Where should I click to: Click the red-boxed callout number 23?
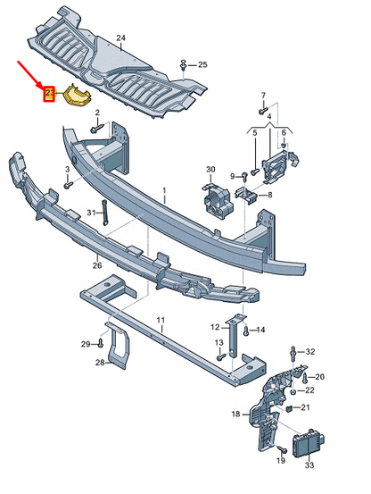coord(50,92)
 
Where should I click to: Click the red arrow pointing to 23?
coord(31,74)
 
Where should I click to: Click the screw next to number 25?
coord(183,65)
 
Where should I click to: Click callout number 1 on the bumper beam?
coord(164,191)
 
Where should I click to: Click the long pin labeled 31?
coord(104,213)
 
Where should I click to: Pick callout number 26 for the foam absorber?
coord(96,264)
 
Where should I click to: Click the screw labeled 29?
coord(102,343)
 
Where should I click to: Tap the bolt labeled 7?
coord(264,112)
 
